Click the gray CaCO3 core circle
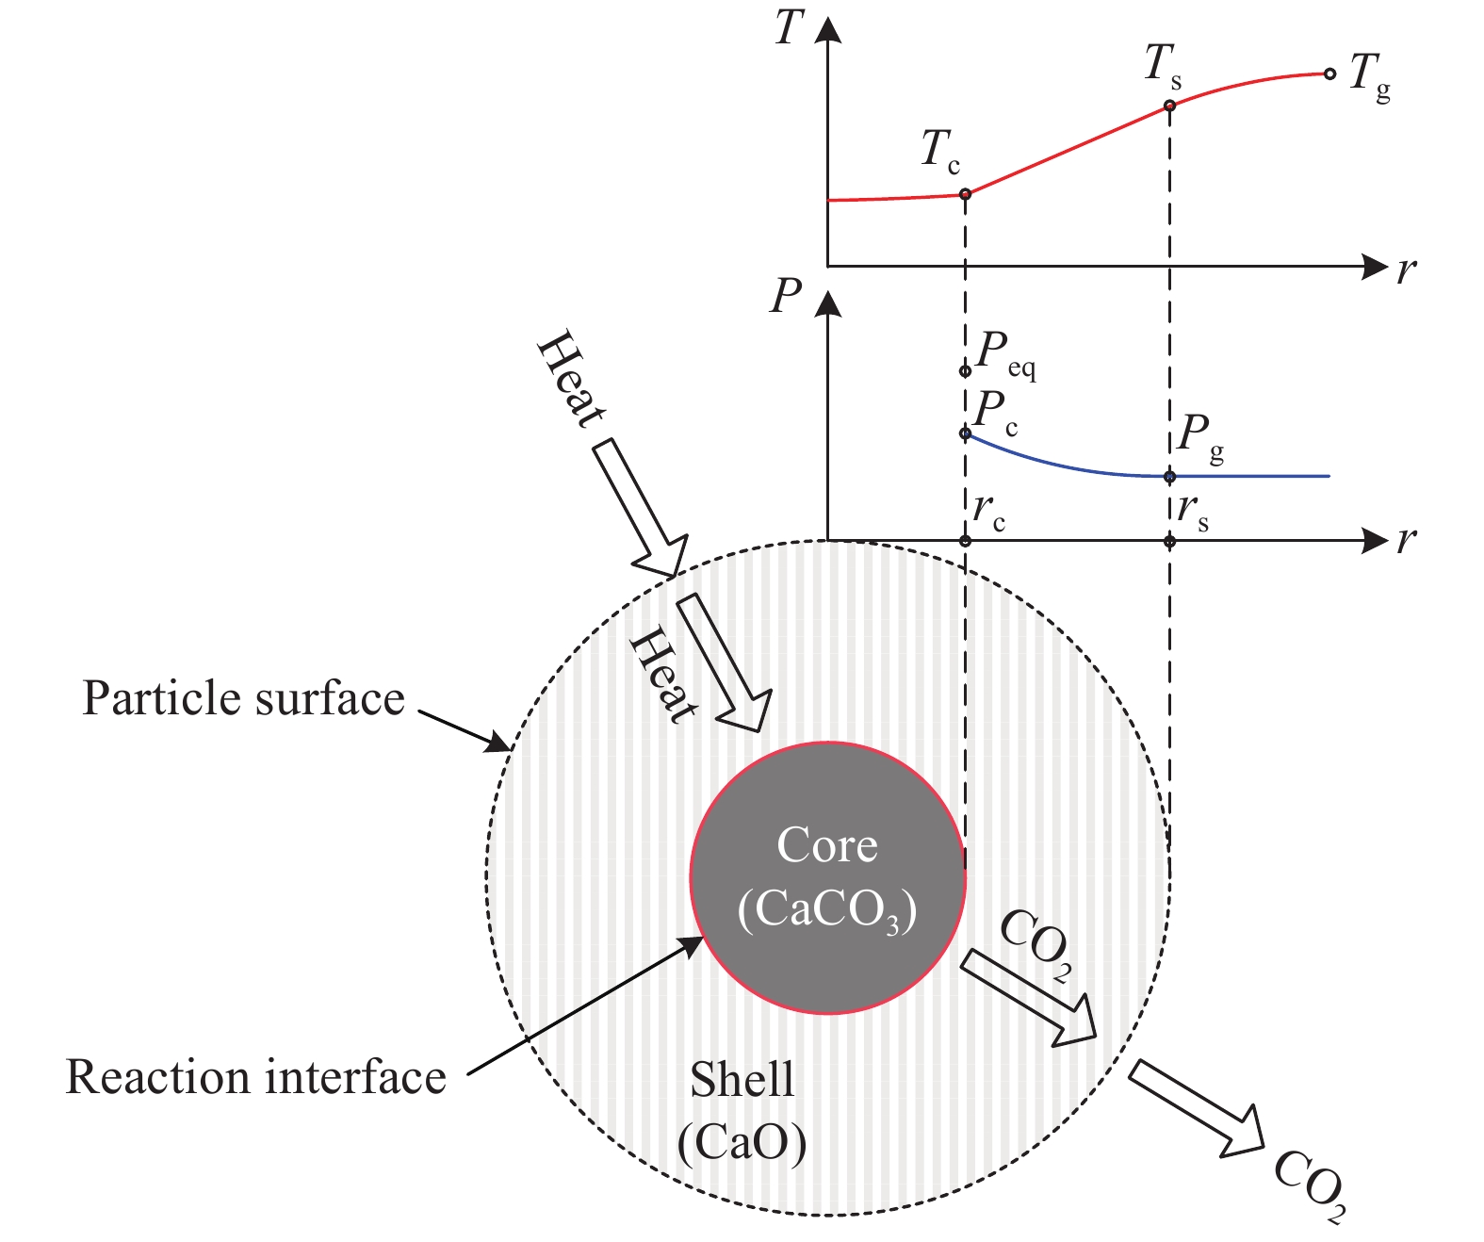click(827, 878)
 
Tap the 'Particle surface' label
click(243, 698)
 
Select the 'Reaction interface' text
click(256, 1077)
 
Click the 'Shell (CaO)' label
click(742, 1113)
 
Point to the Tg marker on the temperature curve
click(1329, 74)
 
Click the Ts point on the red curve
click(1170, 106)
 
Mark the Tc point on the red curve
click(965, 194)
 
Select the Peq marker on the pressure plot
click(965, 371)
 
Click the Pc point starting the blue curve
click(965, 433)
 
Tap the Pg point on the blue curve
click(1170, 476)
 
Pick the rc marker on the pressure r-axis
click(965, 541)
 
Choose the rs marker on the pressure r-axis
click(1170, 541)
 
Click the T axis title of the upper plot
click(790, 27)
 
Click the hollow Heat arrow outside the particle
click(640, 508)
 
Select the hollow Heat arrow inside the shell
click(725, 663)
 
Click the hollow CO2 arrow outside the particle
click(1197, 1108)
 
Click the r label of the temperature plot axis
click(1407, 270)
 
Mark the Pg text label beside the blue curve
click(1200, 437)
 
